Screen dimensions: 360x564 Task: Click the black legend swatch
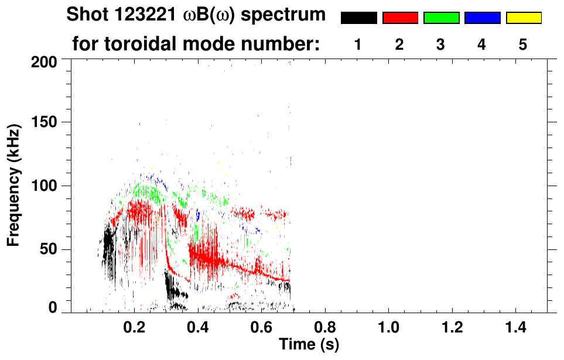358,18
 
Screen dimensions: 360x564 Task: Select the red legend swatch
400,18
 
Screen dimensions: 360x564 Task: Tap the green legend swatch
441,18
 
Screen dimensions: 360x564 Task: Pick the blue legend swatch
482,18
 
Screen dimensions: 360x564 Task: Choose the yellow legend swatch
523,18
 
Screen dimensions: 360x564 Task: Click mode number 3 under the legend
441,44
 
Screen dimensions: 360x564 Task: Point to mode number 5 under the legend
523,44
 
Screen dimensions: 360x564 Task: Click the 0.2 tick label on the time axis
135,326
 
